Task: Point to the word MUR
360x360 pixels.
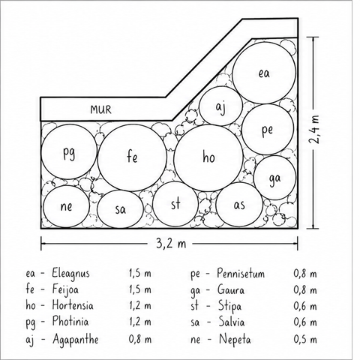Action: coord(100,109)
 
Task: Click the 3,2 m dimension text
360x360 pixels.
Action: coord(171,243)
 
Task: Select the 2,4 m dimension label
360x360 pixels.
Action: coord(313,129)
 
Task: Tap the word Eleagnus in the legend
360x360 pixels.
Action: coord(70,273)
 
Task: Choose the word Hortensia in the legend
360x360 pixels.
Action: coord(73,305)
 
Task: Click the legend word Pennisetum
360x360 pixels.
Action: coord(241,273)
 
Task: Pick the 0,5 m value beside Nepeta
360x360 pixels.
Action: coord(305,339)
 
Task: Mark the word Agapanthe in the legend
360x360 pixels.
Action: coord(76,340)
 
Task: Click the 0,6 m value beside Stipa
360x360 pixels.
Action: coord(305,306)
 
